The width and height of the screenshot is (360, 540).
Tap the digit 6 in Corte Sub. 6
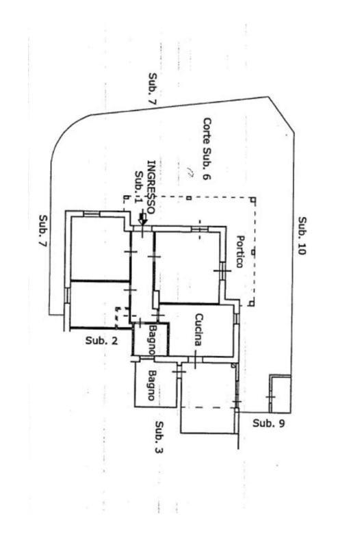[x=207, y=177]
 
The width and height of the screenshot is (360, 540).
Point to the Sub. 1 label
[x=139, y=187]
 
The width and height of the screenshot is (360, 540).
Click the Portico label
[x=240, y=251]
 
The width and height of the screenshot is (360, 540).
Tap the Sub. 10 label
[x=302, y=235]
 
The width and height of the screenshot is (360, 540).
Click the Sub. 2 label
[x=101, y=341]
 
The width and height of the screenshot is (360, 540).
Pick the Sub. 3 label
[x=159, y=437]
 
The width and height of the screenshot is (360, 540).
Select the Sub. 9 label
[x=269, y=423]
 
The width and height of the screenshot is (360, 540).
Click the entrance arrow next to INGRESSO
[x=142, y=219]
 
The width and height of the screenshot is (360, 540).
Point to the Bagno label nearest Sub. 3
[x=151, y=385]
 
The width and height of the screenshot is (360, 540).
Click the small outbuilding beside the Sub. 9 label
[x=280, y=394]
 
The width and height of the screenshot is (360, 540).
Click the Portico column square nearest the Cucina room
[x=253, y=303]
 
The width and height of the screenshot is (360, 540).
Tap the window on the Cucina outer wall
[x=236, y=318]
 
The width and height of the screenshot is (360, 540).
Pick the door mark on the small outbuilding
[x=270, y=397]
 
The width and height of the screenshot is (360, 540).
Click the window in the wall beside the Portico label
[x=222, y=271]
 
